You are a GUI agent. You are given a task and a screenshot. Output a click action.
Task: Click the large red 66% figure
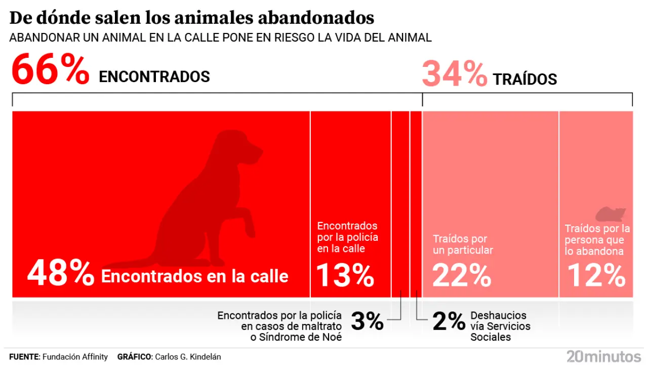50,70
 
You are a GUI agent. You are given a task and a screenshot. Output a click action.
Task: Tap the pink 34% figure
454,75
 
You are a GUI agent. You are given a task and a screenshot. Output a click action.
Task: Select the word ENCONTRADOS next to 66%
154,77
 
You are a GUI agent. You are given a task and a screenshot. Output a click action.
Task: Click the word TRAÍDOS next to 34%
525,80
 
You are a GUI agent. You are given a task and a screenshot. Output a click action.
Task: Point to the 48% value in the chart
61,274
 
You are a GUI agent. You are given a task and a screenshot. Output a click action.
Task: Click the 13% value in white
345,275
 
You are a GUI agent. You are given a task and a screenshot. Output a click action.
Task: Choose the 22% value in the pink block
462,275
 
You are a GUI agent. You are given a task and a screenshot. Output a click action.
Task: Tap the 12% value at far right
596,275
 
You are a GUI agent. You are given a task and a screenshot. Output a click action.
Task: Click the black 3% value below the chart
367,321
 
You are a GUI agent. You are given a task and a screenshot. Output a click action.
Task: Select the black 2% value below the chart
449,321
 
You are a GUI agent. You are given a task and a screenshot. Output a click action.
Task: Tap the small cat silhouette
611,214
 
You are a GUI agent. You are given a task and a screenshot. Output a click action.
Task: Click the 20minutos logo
603,356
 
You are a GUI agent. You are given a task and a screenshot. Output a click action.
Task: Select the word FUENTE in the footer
24,357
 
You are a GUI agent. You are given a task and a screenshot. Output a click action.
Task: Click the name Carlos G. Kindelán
187,357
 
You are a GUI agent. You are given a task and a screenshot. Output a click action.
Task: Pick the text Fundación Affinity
75,357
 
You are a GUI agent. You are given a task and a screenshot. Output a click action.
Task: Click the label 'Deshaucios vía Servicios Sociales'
500,326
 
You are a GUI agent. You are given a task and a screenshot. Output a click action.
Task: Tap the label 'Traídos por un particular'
463,244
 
